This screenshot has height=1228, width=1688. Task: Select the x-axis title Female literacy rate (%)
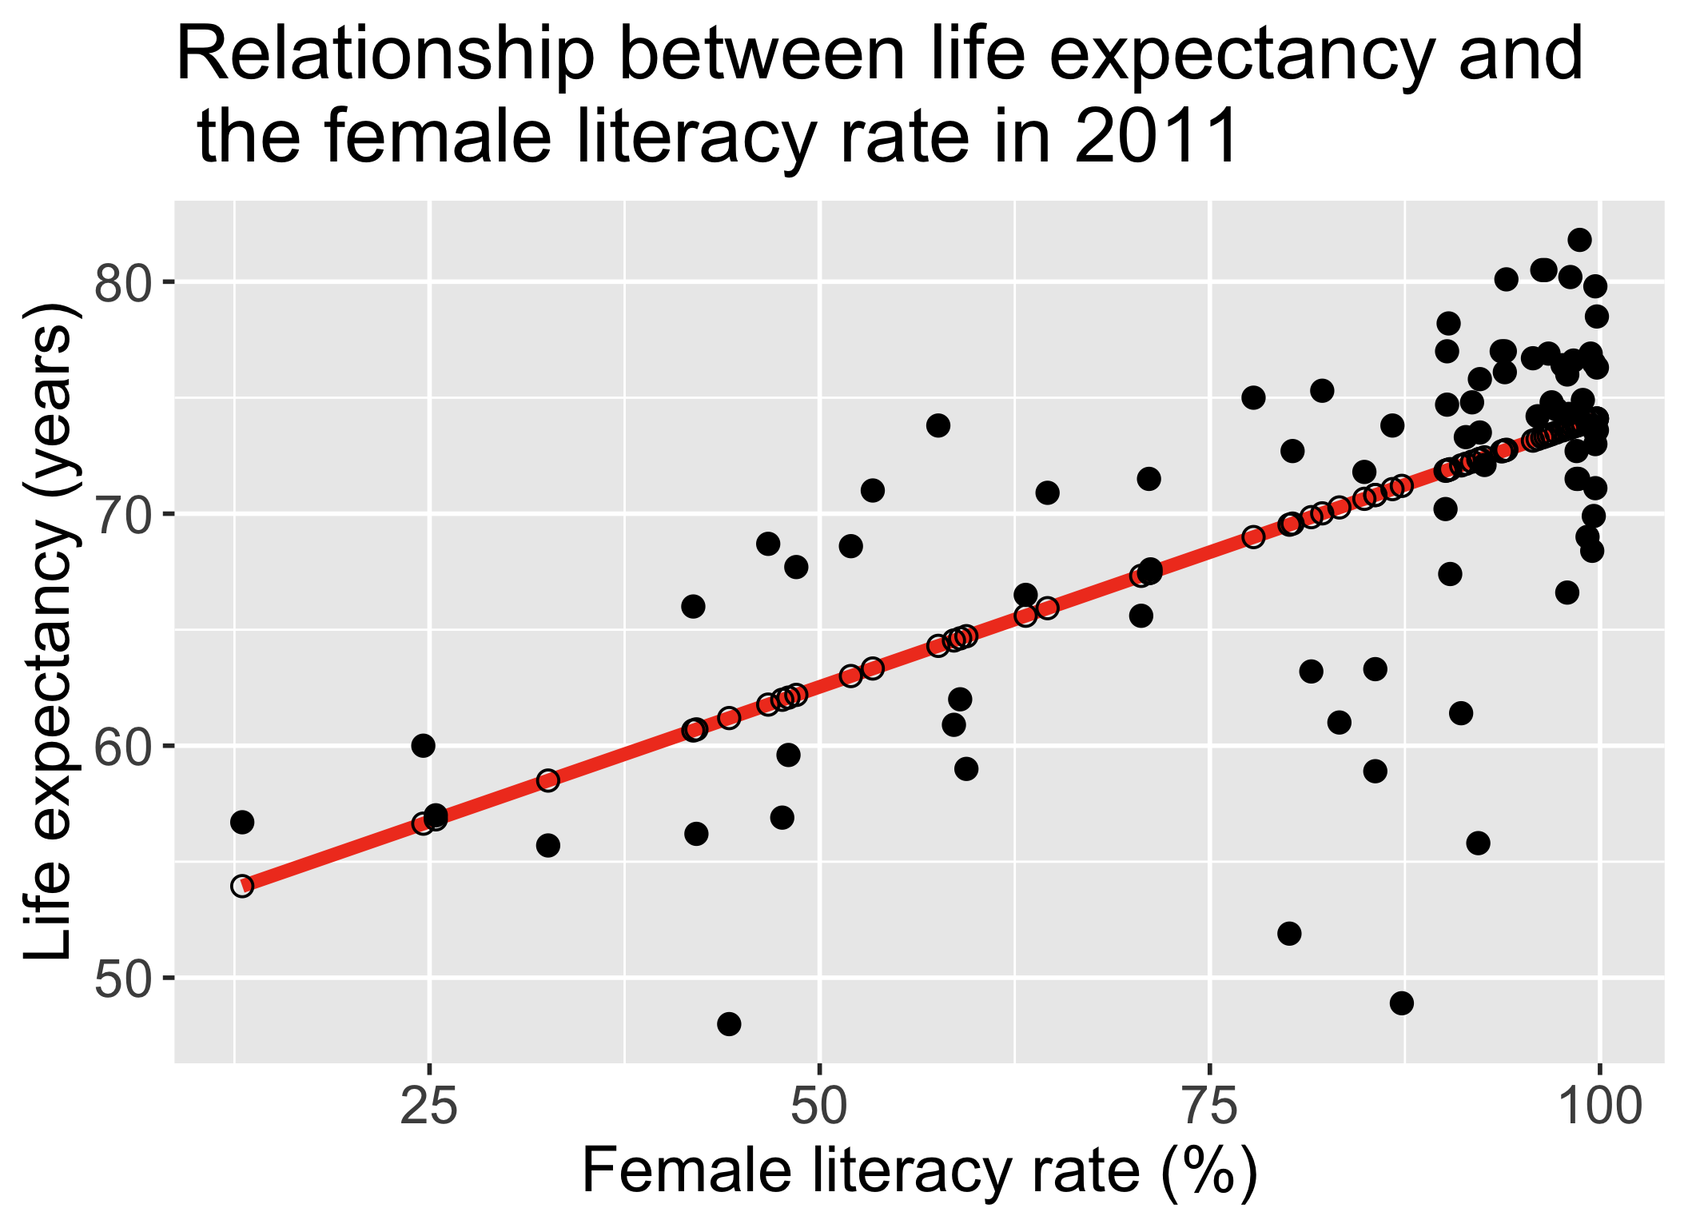point(919,1171)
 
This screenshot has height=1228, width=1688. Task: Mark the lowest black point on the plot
point(729,1023)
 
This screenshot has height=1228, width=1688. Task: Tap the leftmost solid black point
point(242,822)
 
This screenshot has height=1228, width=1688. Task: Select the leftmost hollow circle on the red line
point(242,886)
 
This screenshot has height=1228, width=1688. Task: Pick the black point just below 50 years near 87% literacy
point(1402,1003)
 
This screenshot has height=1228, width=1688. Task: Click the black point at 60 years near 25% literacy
point(423,745)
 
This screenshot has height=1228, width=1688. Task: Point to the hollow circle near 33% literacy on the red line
point(547,780)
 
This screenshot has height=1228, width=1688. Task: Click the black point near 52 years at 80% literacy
point(1289,933)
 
